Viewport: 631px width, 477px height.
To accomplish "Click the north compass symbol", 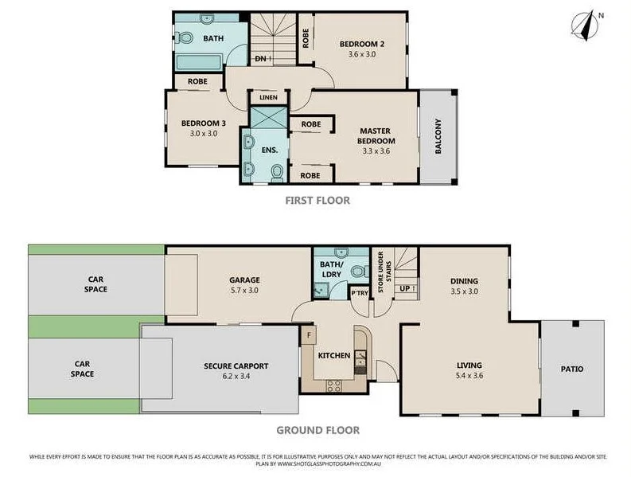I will pyautogui.click(x=590, y=25).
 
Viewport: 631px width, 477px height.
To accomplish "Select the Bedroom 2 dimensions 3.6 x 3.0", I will pyautogui.click(x=361, y=56).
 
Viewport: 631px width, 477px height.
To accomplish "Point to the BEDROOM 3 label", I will pyautogui.click(x=204, y=123).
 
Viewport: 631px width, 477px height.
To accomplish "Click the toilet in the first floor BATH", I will pyautogui.click(x=185, y=37).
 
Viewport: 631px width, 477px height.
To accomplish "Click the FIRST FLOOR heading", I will pyautogui.click(x=317, y=201).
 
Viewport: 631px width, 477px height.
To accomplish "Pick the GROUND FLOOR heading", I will pyautogui.click(x=317, y=430).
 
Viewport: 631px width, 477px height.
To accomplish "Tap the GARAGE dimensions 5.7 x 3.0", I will pyautogui.click(x=245, y=291).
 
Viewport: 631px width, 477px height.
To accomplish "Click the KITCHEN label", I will pyautogui.click(x=334, y=355).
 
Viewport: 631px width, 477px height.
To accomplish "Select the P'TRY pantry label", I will pyautogui.click(x=360, y=293).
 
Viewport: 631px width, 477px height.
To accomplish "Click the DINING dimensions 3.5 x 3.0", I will pyautogui.click(x=464, y=292).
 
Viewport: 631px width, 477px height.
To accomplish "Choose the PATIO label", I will pyautogui.click(x=571, y=369).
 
